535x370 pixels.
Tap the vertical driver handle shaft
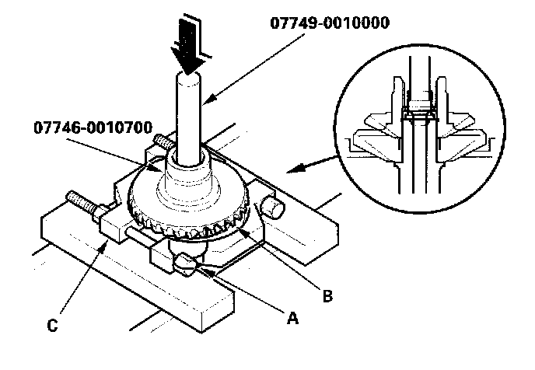189,117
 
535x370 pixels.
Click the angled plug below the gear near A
187,262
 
